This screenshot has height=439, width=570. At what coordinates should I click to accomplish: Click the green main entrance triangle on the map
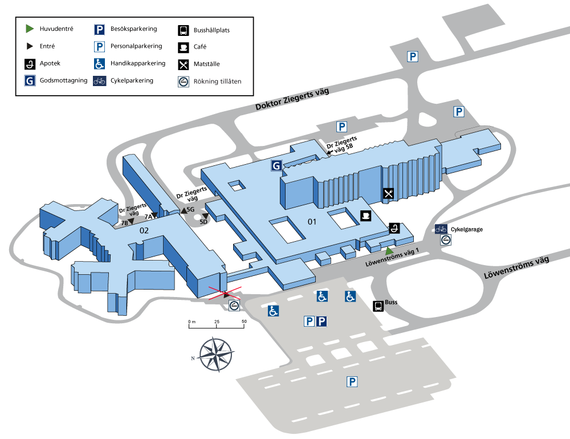tap(389, 251)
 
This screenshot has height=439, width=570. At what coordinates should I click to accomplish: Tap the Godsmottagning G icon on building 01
tap(276, 165)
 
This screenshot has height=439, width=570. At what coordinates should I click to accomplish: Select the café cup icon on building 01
tap(366, 216)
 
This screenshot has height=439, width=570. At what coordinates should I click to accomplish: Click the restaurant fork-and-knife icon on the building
tap(388, 193)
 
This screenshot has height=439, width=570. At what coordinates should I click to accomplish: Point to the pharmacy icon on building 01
tap(394, 228)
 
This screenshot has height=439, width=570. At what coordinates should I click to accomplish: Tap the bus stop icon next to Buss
tap(378, 306)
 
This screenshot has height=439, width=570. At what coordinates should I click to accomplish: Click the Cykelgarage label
tap(467, 229)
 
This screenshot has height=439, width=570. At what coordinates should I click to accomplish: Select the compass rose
tap(216, 354)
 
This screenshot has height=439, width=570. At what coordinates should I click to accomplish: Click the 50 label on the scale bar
tap(244, 322)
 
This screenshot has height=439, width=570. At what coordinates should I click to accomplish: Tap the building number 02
tap(144, 230)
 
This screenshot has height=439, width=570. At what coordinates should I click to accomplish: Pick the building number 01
tap(312, 222)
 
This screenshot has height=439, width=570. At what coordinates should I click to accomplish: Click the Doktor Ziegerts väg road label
tap(292, 99)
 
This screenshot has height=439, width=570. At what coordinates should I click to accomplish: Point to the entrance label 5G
tap(190, 209)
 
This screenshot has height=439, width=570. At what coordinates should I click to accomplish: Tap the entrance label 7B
tap(124, 223)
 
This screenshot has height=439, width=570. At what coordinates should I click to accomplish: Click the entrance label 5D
tap(203, 222)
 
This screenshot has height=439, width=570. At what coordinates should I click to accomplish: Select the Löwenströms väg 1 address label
tap(392, 257)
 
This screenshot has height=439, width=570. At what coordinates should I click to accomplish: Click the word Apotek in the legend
tap(50, 63)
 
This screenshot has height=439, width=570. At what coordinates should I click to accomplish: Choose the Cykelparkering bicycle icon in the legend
tap(99, 81)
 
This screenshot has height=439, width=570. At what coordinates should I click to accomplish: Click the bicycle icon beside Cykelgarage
tap(441, 229)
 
